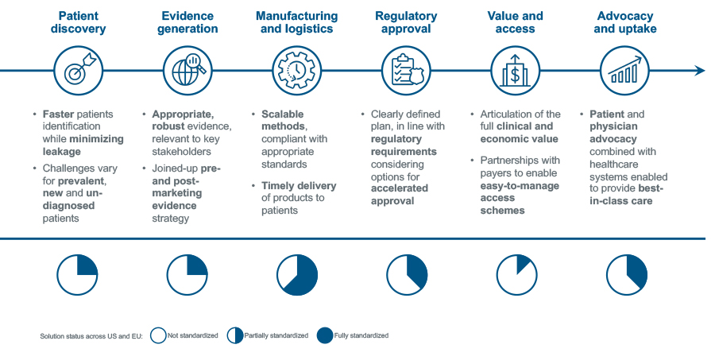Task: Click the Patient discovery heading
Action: (x=77, y=22)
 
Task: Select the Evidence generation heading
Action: (x=189, y=22)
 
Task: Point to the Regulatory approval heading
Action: (x=406, y=22)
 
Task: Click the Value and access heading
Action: (x=516, y=22)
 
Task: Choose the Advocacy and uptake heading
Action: (x=625, y=22)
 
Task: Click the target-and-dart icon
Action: (x=77, y=71)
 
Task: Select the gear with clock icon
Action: (x=297, y=71)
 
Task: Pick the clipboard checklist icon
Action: (x=407, y=71)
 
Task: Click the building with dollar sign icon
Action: (x=516, y=71)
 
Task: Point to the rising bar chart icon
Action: (x=626, y=71)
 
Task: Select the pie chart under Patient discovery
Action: (x=77, y=275)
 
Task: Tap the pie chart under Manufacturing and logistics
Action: (x=297, y=275)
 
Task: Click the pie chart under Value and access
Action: (x=516, y=275)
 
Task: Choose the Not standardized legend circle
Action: (x=157, y=336)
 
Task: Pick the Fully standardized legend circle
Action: (x=324, y=336)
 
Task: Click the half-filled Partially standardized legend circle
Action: (x=236, y=336)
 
